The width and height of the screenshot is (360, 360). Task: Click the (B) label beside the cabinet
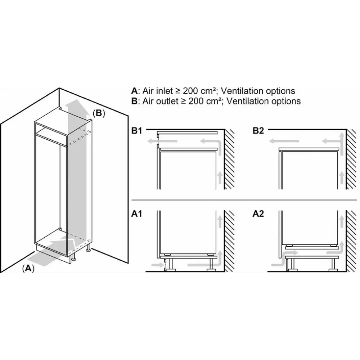99,113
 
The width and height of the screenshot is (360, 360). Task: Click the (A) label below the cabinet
28,268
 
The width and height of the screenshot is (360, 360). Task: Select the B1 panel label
136,131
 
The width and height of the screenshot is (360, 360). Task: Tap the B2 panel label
258,131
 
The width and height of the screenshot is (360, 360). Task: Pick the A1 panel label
136,214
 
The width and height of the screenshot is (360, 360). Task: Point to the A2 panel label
258,214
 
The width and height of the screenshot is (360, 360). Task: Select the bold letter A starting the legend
134,91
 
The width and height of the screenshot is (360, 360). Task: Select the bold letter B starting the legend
134,101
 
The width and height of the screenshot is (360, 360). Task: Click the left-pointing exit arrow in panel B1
162,141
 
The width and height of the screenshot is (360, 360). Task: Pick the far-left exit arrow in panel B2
284,141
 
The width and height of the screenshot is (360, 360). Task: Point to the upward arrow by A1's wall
220,221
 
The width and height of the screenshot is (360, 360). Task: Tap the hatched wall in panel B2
351,159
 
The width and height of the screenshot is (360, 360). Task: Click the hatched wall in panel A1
229,241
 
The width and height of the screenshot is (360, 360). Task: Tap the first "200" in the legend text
190,91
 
